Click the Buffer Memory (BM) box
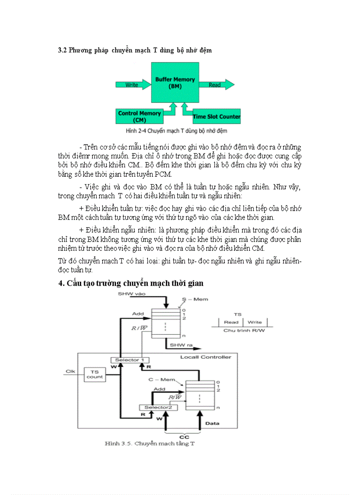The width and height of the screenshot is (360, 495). [175, 82]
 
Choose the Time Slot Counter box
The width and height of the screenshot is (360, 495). [216, 116]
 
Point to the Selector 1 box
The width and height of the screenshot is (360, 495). [127, 360]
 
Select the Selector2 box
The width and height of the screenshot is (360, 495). [158, 407]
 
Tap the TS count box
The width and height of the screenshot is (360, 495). [94, 374]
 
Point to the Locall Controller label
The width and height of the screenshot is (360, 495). [206, 357]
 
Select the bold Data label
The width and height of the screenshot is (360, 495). [212, 424]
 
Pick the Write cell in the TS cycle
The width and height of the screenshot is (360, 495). [255, 322]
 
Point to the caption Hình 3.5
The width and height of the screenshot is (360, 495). [150, 443]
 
